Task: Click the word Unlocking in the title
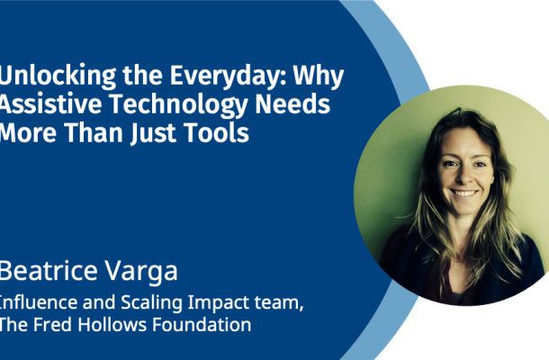(x=58, y=76)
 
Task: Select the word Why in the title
(x=319, y=76)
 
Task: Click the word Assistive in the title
(x=50, y=103)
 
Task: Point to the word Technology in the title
(x=178, y=104)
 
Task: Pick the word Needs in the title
(x=292, y=103)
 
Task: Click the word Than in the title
(x=94, y=132)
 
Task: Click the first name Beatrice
(x=49, y=270)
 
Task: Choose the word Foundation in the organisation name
(x=202, y=324)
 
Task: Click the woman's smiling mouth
(x=463, y=193)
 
